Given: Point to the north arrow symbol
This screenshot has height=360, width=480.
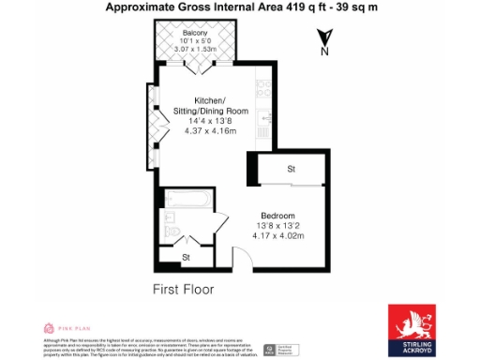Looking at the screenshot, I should coord(322,37).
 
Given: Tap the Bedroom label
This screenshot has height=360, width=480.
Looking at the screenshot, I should coord(278,214).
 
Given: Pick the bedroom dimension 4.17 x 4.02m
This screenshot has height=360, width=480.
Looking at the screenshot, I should coord(278,234).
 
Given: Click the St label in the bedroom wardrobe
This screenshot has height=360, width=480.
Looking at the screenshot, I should coord(292,170).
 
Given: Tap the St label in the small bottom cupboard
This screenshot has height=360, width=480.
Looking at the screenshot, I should coord(186,256).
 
